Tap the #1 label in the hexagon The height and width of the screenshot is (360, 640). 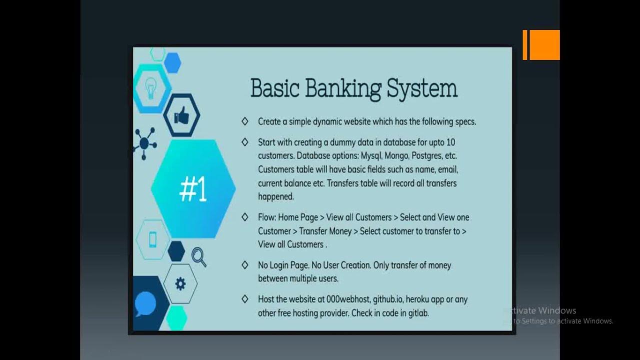(193, 190)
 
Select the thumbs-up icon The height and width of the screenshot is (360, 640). (181, 116)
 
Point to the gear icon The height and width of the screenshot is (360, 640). (180, 284)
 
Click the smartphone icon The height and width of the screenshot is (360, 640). (152, 240)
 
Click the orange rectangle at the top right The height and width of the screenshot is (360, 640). (542, 45)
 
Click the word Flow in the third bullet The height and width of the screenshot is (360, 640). (266, 217)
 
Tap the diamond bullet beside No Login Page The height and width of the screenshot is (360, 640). (244, 265)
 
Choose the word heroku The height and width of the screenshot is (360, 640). (418, 299)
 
